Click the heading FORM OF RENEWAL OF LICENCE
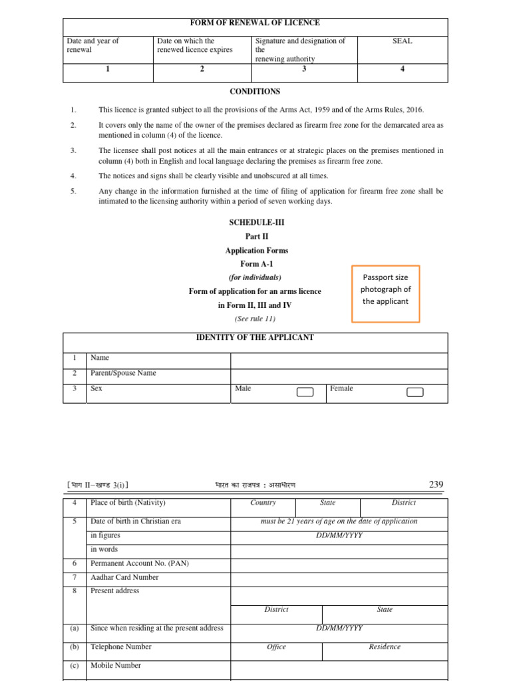click(x=255, y=23)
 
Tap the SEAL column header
click(x=403, y=41)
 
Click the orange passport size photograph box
click(x=386, y=289)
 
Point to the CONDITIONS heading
click(x=255, y=92)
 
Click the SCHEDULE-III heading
click(x=255, y=222)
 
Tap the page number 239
click(x=436, y=485)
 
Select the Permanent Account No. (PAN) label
click(x=140, y=563)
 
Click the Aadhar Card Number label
click(x=124, y=577)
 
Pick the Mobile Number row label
click(x=116, y=665)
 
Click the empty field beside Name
click(x=339, y=360)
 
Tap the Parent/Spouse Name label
click(x=123, y=373)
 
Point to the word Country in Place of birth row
click(x=263, y=503)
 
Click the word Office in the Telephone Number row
click(x=276, y=647)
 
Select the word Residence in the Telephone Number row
click(x=385, y=647)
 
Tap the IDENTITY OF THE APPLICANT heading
click(x=255, y=338)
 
